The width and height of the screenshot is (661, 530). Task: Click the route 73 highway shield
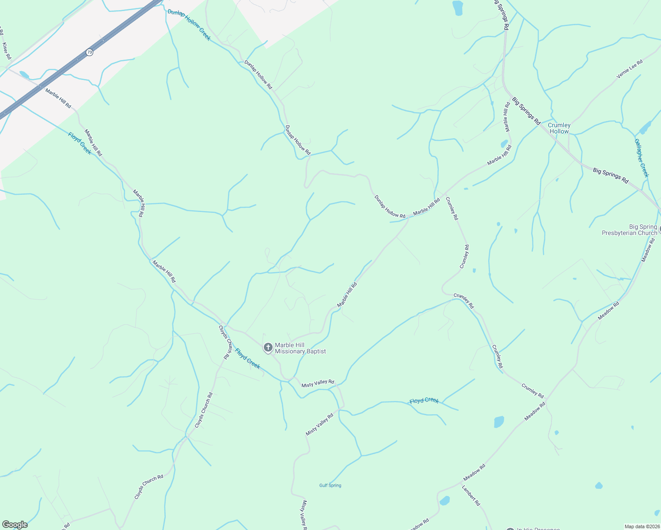point(90,52)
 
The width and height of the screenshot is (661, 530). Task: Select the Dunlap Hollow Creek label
point(189,25)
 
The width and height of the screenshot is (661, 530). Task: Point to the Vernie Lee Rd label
point(630,70)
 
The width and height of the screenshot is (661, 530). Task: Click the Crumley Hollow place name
point(559,128)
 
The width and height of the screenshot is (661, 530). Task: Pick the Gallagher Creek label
point(642,158)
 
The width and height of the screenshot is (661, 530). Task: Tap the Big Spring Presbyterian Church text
point(629,230)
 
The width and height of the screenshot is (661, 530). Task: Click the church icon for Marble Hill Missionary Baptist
point(268,348)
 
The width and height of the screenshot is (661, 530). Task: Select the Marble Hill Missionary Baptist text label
point(300,348)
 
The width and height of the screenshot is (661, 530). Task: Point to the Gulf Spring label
point(330,485)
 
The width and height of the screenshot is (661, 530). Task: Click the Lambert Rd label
point(471,496)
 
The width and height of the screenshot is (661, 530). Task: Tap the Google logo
point(15,525)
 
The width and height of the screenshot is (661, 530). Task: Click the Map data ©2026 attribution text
point(642,526)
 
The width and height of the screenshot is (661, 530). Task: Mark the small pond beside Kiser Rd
point(24,75)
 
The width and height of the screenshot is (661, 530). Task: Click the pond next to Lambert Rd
point(444,501)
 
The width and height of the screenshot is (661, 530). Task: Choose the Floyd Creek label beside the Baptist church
point(247,358)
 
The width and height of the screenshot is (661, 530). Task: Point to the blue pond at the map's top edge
point(457,8)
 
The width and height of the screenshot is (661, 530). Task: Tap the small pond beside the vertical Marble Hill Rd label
point(504,144)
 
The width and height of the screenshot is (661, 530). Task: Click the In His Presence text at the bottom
point(538,528)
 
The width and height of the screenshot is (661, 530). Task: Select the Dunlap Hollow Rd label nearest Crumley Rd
point(390,206)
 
